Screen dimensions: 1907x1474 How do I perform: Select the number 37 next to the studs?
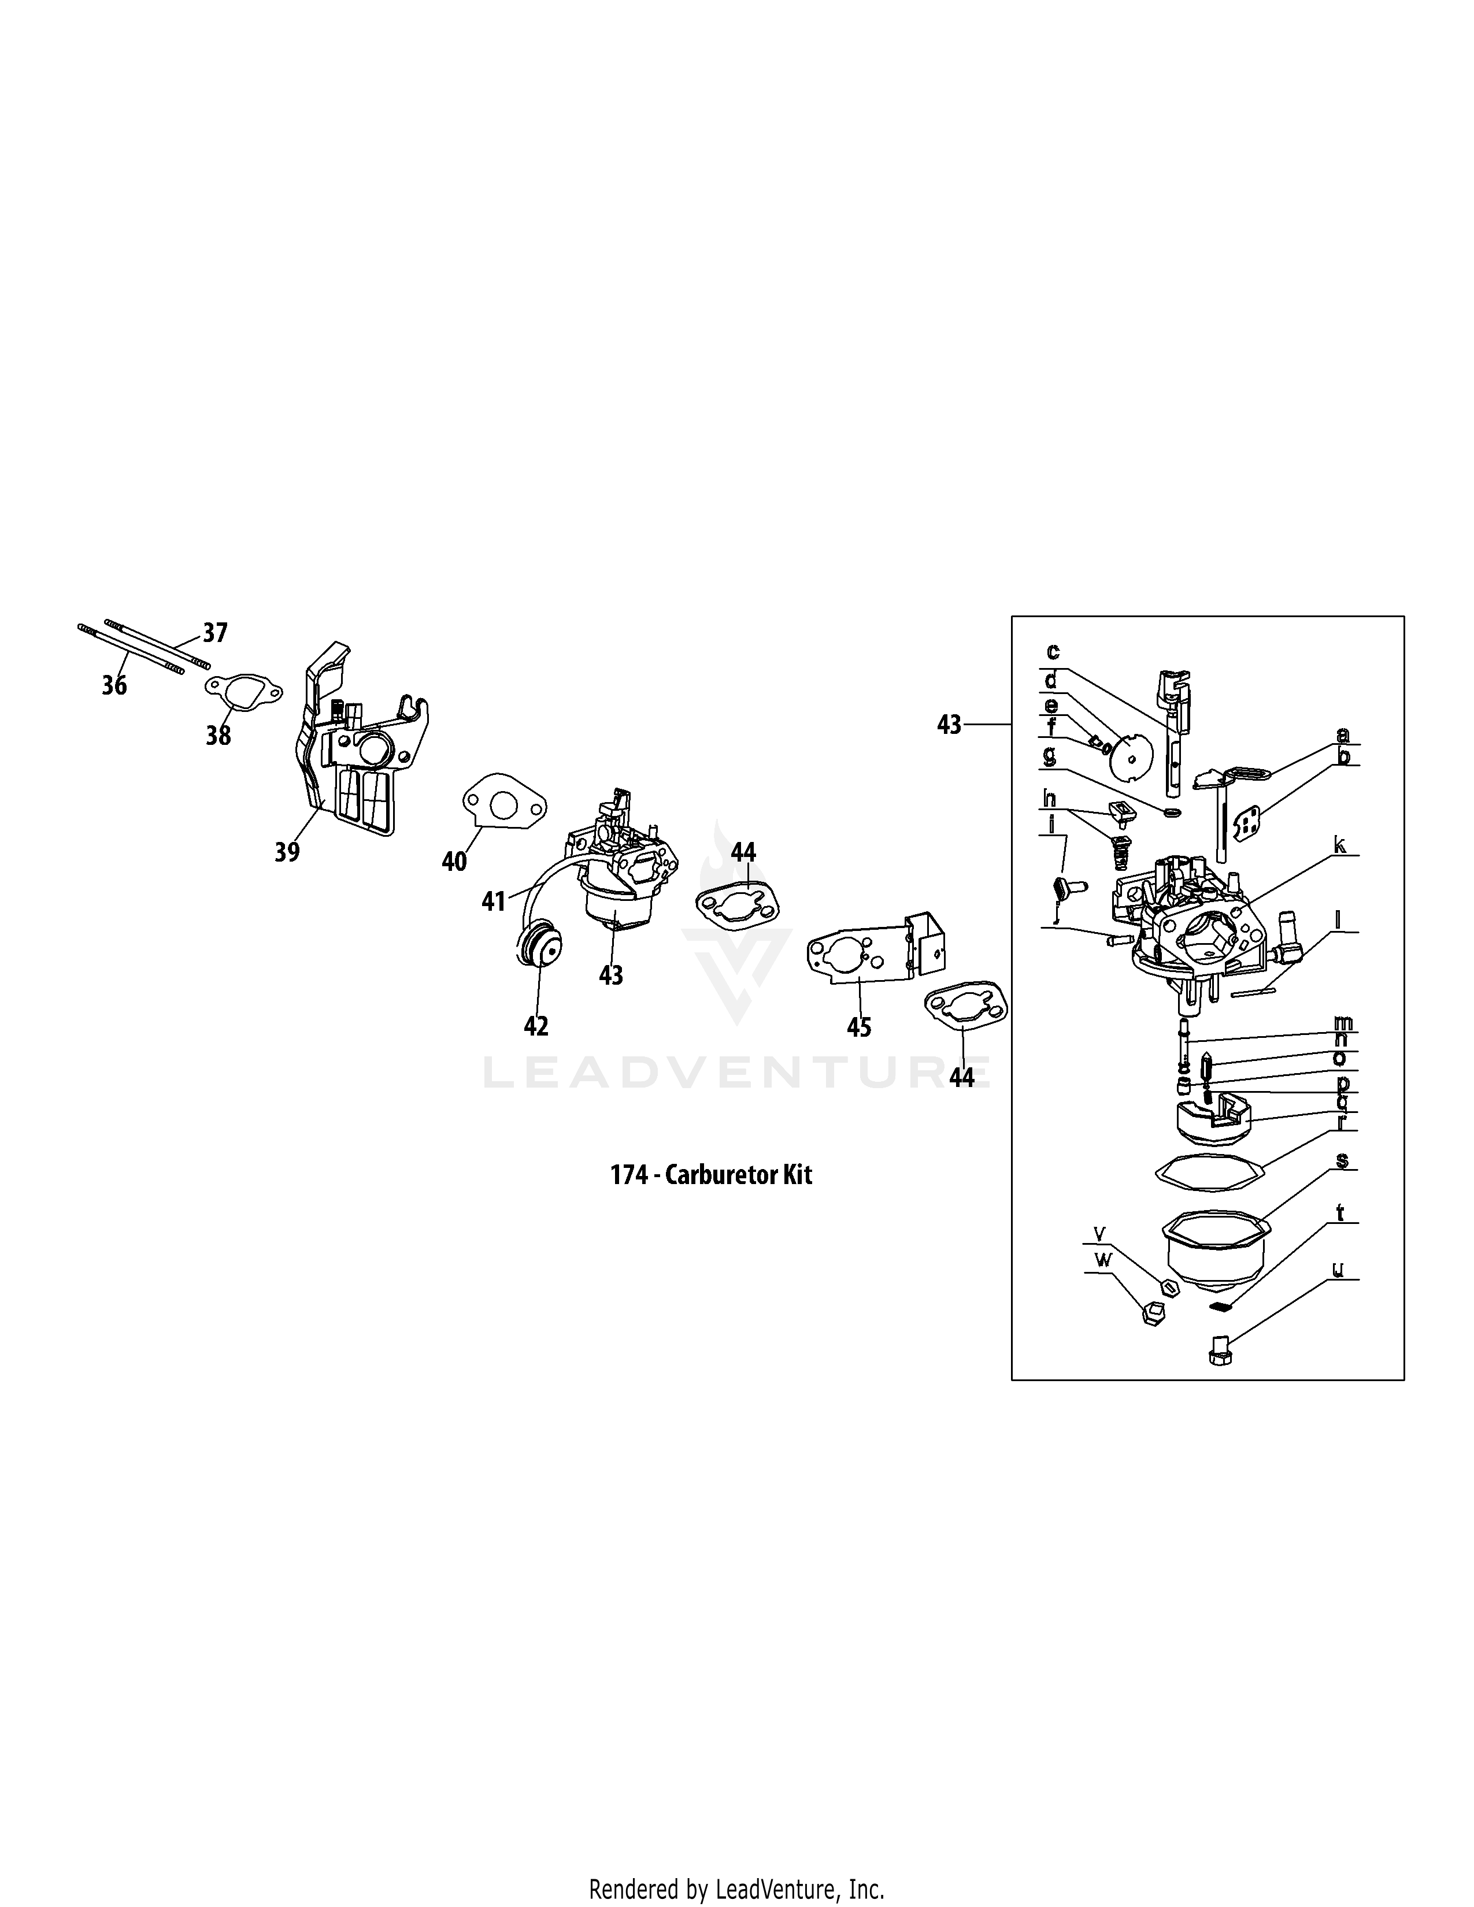click(215, 632)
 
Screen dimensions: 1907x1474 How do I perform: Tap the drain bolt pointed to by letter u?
click(1218, 1351)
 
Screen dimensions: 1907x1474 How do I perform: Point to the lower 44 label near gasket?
click(961, 1078)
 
